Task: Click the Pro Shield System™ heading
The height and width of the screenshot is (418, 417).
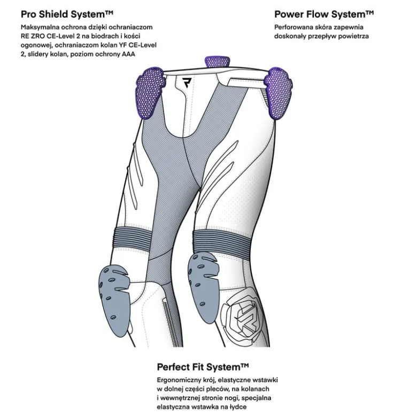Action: [67, 14]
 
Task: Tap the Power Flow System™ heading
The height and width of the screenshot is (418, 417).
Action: [324, 14]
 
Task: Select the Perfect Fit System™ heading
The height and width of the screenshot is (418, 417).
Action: [203, 367]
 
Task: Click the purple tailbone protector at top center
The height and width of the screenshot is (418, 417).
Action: [217, 62]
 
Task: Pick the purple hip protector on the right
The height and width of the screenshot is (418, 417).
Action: [279, 93]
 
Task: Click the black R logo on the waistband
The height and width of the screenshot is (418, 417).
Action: [188, 82]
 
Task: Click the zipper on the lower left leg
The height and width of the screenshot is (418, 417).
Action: [170, 323]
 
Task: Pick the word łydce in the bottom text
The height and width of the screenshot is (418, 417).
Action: [238, 407]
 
